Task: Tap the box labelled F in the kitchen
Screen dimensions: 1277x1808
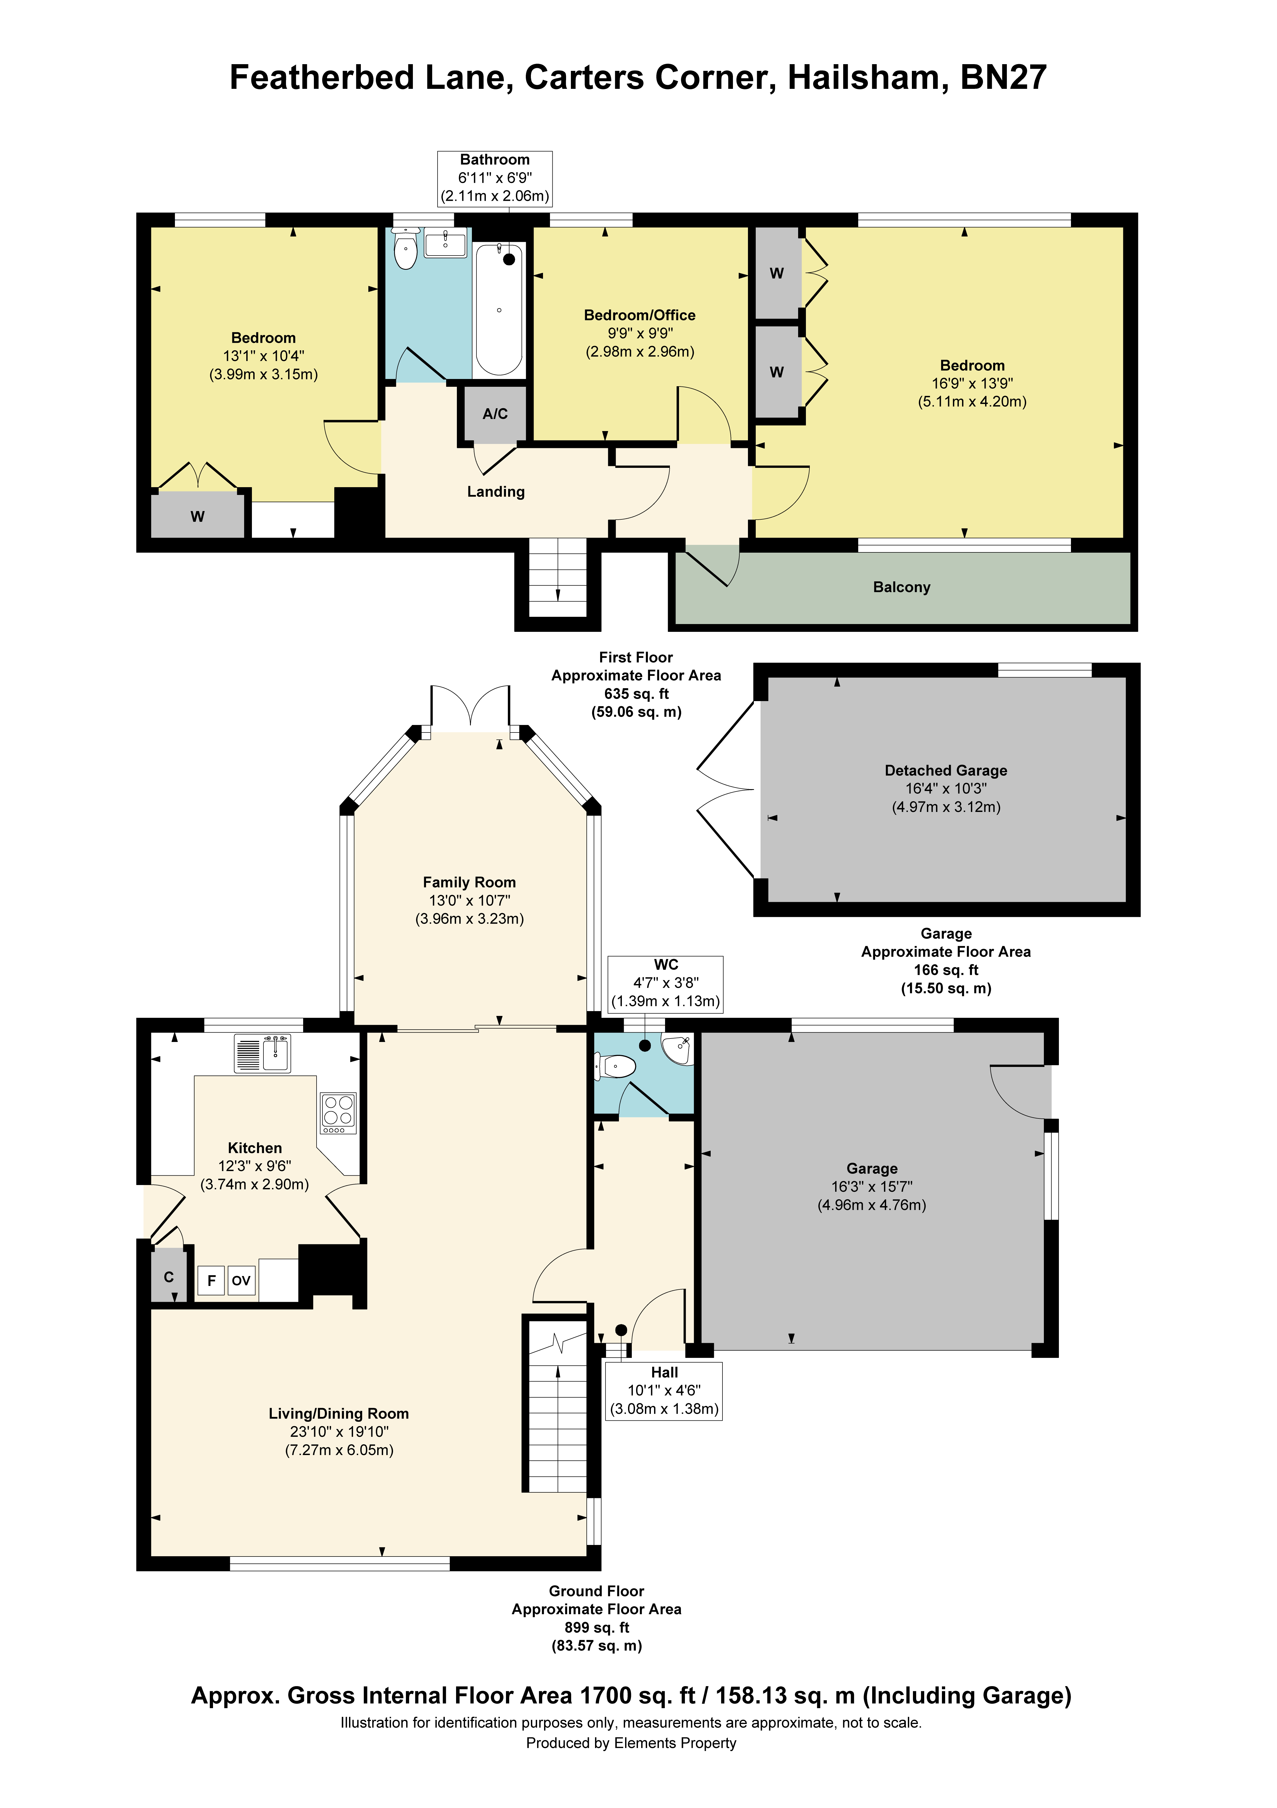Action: point(211,1280)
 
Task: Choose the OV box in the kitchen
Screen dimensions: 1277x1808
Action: point(241,1280)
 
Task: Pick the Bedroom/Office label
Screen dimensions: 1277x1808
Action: point(639,315)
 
